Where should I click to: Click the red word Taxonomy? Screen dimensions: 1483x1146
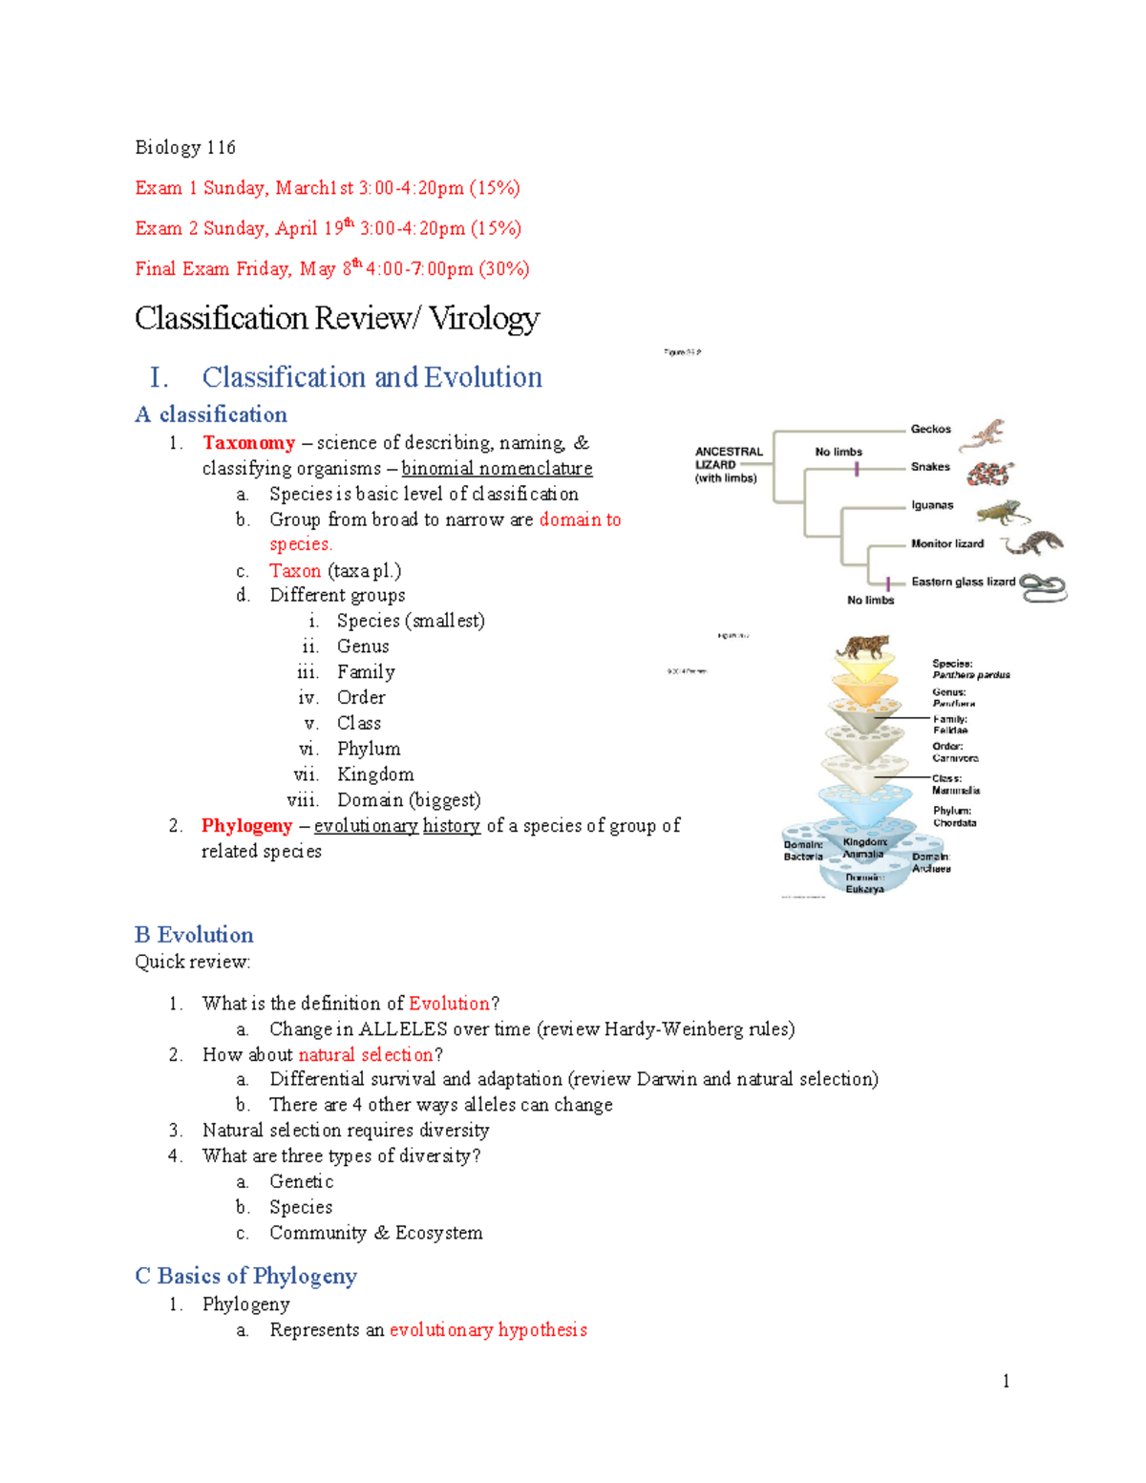248,443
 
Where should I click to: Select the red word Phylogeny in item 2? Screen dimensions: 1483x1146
246,826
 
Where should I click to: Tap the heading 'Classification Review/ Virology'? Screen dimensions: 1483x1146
337,318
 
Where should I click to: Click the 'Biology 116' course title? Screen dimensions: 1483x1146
184,147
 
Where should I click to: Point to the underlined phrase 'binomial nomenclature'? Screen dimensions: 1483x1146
497,469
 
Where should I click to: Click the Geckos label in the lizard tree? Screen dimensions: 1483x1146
930,430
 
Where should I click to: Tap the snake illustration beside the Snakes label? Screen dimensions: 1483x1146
988,473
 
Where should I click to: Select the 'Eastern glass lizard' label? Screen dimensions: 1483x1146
963,582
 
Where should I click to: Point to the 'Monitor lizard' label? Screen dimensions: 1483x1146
946,543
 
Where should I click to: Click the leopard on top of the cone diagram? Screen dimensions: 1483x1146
861,646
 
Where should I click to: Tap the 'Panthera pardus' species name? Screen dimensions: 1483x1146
970,675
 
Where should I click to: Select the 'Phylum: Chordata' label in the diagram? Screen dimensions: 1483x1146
954,816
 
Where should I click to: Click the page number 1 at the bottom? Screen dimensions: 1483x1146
1006,1381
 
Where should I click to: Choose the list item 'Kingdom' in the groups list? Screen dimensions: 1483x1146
375,774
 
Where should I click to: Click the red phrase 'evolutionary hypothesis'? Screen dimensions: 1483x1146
488,1330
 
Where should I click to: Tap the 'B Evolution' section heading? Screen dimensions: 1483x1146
194,935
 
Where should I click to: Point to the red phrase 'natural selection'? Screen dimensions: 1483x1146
366,1055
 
